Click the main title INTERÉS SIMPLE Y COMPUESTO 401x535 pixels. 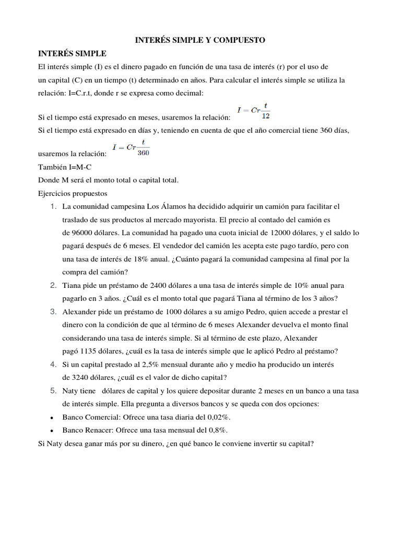click(200, 40)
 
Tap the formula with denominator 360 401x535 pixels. click(131, 149)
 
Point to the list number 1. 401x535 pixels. click(53, 206)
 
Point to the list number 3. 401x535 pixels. click(53, 312)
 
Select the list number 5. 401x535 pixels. click(53, 391)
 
